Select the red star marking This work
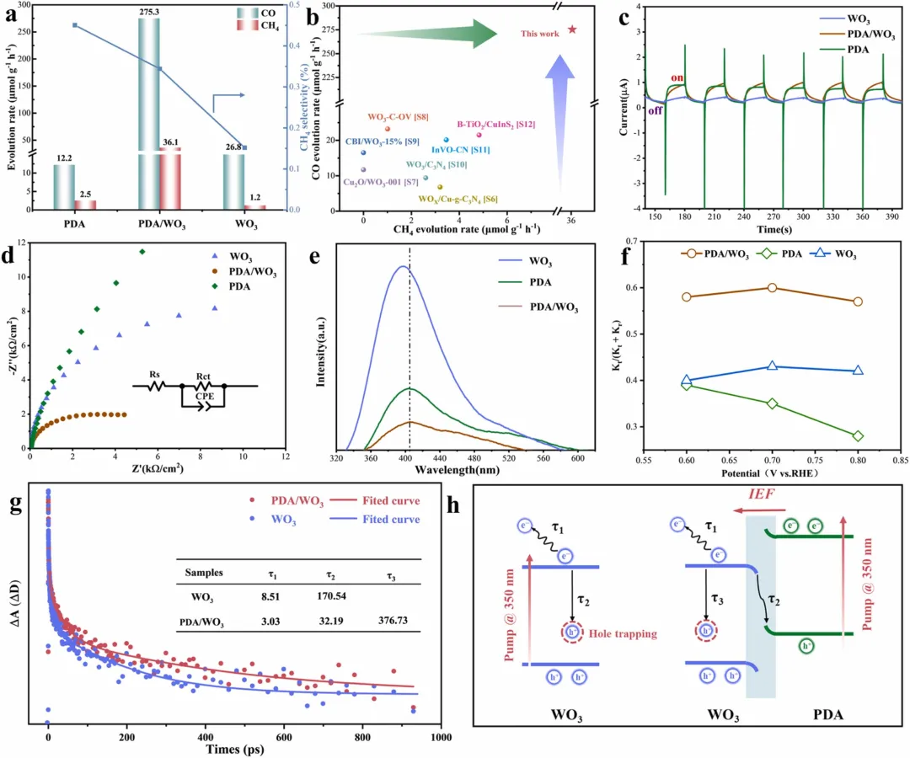tap(573, 29)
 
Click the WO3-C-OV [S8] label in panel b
tap(399, 117)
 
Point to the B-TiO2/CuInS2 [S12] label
tap(495, 124)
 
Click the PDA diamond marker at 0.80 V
tap(858, 435)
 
